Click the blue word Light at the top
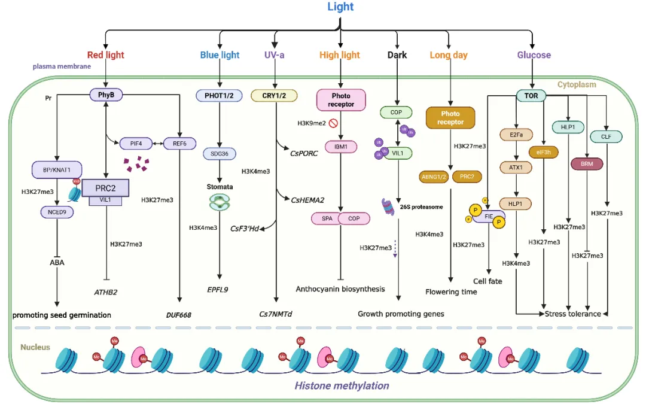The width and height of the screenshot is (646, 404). (x=340, y=7)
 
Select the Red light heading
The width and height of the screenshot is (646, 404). (x=105, y=55)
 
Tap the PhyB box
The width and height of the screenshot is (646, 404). (x=105, y=95)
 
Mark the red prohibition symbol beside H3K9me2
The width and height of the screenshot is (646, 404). (x=334, y=124)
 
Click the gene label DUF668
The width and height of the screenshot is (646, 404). (x=178, y=314)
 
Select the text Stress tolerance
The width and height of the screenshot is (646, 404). (x=572, y=314)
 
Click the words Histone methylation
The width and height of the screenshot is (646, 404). (x=342, y=385)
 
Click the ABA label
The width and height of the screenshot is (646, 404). (x=57, y=262)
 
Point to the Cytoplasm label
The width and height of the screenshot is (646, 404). (x=577, y=85)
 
